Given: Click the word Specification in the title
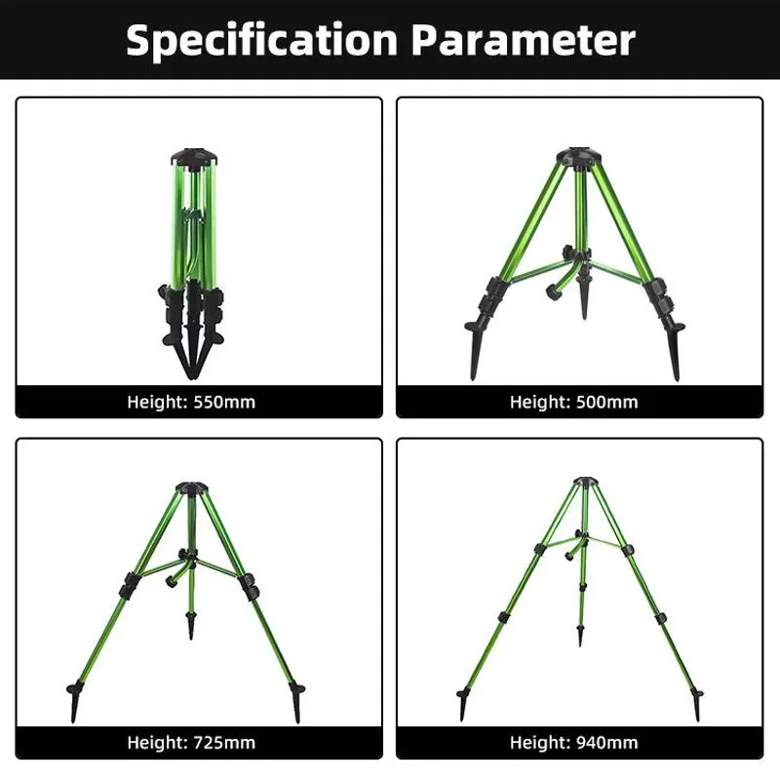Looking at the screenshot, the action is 261,41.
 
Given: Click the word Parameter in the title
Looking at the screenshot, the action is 524,40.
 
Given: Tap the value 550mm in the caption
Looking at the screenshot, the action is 224,402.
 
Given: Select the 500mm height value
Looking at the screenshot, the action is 606,402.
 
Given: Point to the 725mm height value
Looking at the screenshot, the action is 224,743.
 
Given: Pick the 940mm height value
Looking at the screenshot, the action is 606,743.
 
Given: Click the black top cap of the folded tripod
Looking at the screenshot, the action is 194,157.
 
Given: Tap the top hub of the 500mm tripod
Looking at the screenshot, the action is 578,157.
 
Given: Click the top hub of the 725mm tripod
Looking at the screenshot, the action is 192,487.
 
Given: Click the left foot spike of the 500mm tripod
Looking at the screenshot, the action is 475,348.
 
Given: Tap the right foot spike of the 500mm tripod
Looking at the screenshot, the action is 674,349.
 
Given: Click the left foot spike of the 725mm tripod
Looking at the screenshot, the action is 75,701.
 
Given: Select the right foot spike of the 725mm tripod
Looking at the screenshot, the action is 296,702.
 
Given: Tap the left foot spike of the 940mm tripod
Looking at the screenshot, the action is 464,704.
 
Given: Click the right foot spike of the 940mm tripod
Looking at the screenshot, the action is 696,704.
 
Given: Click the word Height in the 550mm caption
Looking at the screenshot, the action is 157,402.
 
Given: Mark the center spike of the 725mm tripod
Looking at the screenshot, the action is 190,625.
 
